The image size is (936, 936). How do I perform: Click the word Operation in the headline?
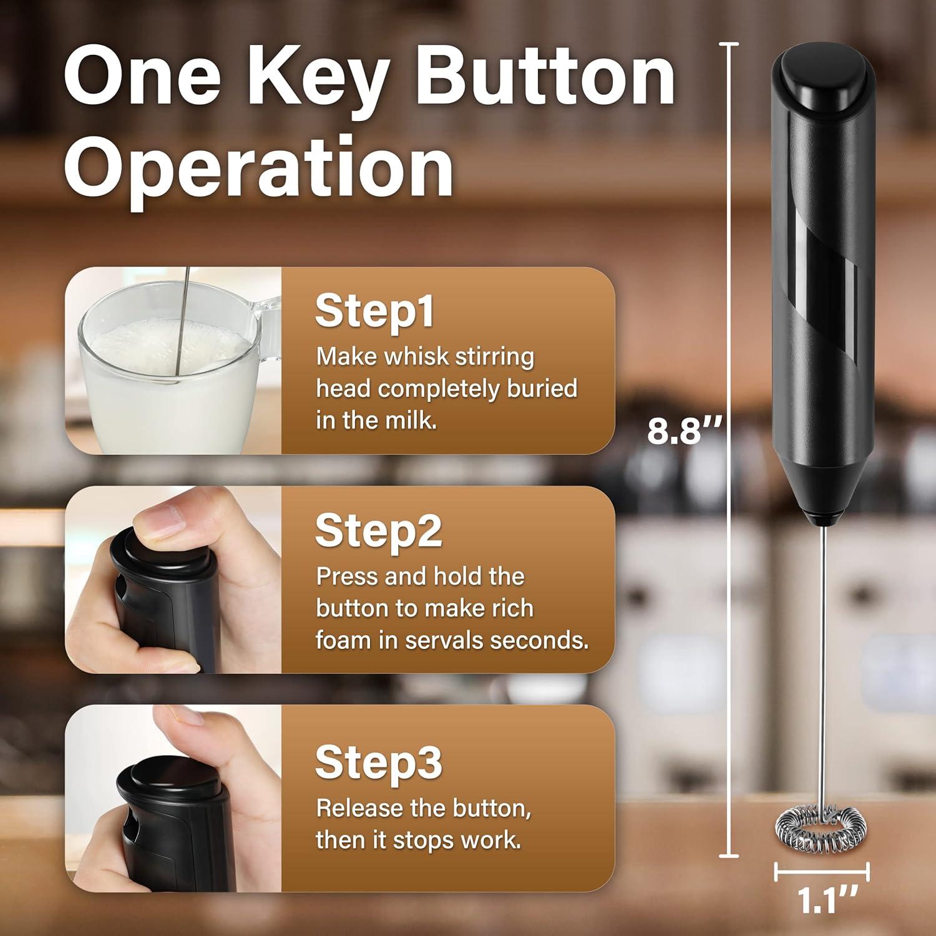258,167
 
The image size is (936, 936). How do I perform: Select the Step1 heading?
374,310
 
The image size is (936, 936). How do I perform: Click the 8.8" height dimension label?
684,431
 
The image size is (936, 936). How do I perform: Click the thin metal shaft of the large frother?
823,655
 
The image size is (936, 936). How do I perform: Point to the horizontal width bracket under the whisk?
822,872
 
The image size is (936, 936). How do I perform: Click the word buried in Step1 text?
542,388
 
